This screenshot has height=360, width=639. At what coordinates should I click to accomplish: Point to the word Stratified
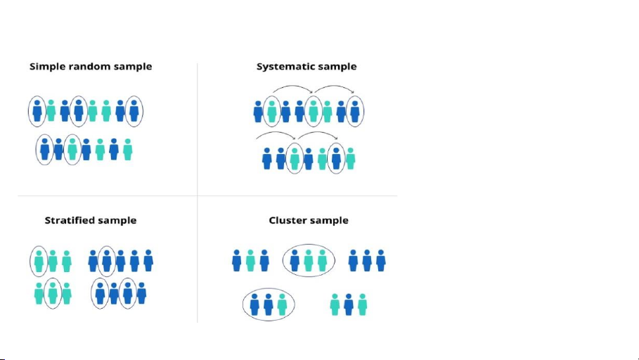tap(70, 220)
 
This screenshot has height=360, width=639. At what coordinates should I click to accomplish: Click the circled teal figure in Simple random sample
tap(72, 149)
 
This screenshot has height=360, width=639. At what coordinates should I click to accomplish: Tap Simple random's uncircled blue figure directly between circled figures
tap(58, 149)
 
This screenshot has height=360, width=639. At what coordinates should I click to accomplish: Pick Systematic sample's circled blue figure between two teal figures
tap(336, 158)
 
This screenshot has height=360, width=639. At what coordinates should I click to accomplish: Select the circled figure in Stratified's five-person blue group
tap(106, 260)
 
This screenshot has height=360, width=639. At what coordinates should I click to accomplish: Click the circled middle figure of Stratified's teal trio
tap(52, 292)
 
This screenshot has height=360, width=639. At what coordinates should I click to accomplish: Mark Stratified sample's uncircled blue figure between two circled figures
tap(114, 292)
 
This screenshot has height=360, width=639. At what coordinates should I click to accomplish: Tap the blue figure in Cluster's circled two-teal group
tap(295, 260)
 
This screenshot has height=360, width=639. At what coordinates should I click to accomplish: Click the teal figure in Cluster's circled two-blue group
tap(282, 304)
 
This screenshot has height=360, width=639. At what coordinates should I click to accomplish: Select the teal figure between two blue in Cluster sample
tap(250, 260)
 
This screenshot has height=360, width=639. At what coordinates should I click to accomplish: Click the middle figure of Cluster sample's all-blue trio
tap(367, 260)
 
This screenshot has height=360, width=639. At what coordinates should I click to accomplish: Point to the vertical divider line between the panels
tap(198, 141)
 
